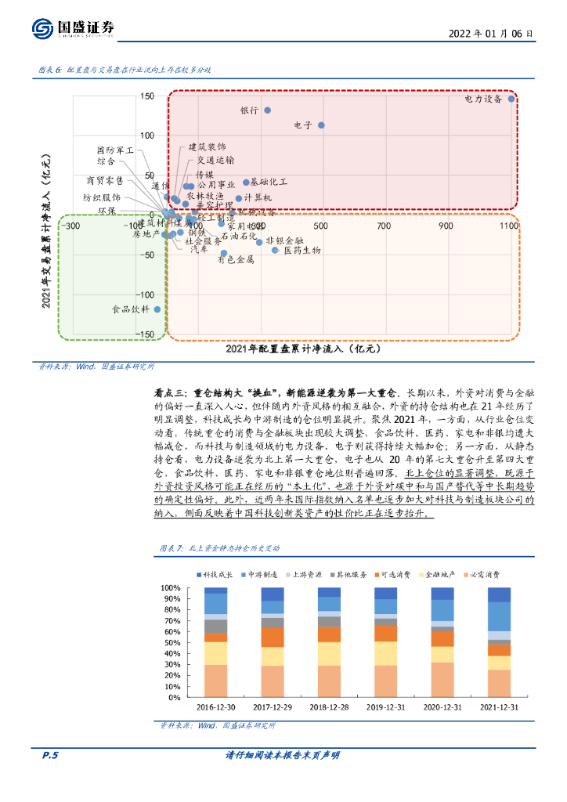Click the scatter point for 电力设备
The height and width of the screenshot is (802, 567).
511,99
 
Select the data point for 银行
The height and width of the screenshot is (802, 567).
267,110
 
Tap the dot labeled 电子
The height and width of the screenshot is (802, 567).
321,125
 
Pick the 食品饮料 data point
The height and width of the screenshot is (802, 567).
157,309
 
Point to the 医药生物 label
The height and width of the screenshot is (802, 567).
302,251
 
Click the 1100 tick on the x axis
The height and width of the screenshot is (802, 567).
508,226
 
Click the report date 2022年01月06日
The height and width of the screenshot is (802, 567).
492,34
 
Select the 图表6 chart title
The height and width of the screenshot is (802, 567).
125,70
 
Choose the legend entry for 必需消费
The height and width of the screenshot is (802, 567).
482,574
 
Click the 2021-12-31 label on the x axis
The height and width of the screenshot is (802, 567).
510,706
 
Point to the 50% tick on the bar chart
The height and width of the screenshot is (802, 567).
170,643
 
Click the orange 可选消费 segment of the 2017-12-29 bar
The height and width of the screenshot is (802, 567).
273,637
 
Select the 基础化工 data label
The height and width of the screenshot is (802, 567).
269,182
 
